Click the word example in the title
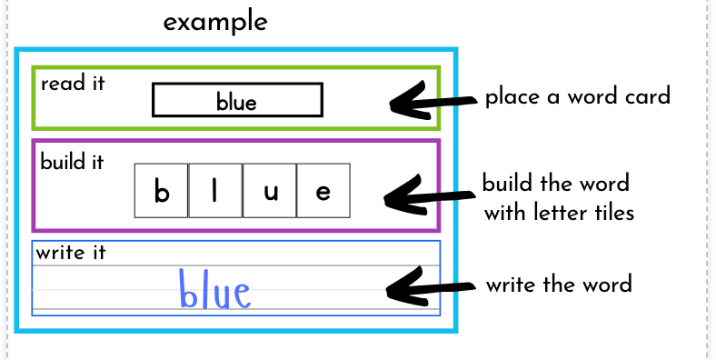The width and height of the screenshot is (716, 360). tap(215, 22)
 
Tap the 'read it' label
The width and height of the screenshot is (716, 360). tap(73, 84)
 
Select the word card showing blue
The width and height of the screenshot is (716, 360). tap(237, 100)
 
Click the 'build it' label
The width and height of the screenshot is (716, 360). tap(72, 163)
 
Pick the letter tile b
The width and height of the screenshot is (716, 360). tap(162, 191)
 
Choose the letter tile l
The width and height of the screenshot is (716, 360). tap(215, 191)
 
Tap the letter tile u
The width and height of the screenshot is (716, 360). tap(270, 191)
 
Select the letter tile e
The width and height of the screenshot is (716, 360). tap(323, 191)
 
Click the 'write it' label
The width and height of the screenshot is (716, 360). tap(71, 252)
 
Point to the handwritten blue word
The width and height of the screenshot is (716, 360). tap(214, 290)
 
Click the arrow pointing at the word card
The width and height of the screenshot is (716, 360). tap(431, 101)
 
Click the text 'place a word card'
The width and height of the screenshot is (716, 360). tap(577, 96)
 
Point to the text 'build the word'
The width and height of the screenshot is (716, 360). tap(555, 184)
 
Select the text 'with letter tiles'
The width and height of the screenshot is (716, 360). tap(558, 215)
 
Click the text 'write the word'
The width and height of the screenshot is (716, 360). tap(558, 285)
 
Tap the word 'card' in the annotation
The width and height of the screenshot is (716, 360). tap(646, 95)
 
